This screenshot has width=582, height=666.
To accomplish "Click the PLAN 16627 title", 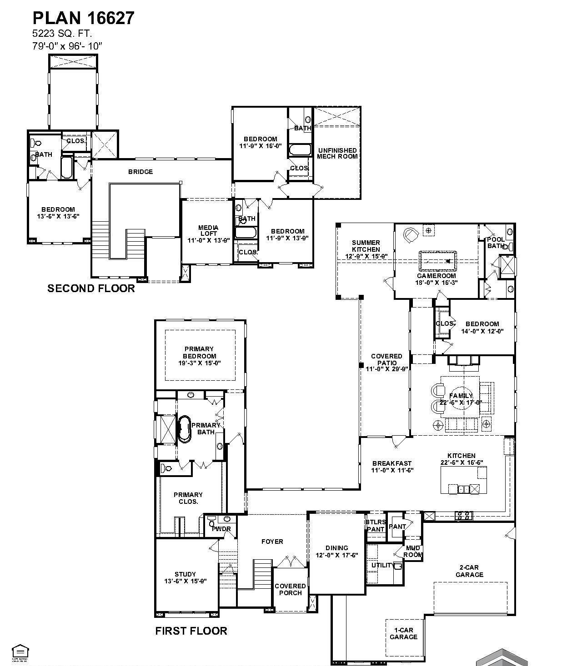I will tap(84, 18).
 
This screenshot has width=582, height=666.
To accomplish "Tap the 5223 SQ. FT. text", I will tap(62, 34).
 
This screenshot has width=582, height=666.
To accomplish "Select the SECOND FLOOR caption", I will tap(91, 288).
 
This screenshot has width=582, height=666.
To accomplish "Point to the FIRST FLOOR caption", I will tap(191, 631).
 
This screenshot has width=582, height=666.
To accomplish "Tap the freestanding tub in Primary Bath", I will tap(185, 429).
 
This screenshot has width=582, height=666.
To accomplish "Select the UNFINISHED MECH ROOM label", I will tap(337, 153).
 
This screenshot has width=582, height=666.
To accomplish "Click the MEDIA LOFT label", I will tap(208, 231).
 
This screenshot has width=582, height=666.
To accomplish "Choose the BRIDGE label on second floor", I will tap(140, 172).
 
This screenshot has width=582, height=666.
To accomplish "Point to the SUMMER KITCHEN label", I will tap(366, 246).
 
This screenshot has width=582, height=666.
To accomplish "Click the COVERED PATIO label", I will tap(386, 359).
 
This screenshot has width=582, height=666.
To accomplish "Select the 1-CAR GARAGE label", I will tap(403, 633).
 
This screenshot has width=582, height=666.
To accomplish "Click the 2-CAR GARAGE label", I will tap(469, 571).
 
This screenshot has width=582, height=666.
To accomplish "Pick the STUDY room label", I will tap(185, 574).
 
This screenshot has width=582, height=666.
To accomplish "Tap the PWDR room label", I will tap(221, 529).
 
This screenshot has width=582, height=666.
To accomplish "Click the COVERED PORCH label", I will tap(290, 589).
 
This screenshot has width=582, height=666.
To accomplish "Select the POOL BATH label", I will tap(496, 243).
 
